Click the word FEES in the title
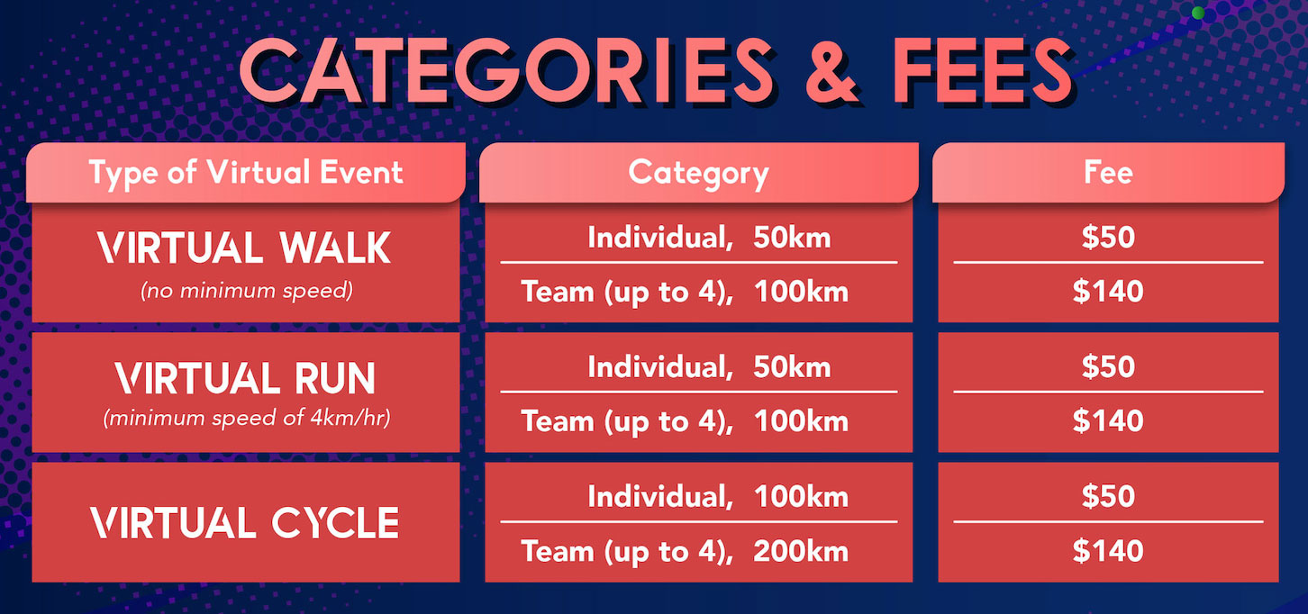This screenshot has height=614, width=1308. pyautogui.click(x=982, y=70)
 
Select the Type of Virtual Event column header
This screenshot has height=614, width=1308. pyautogui.click(x=246, y=174)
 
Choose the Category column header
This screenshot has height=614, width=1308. pyautogui.click(x=698, y=174)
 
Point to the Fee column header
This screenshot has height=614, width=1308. pyautogui.click(x=1108, y=173)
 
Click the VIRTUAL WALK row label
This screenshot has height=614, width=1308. pyautogui.click(x=244, y=248)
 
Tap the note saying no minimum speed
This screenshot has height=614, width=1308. pyautogui.click(x=247, y=291)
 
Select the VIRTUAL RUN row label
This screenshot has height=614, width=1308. pyautogui.click(x=245, y=378)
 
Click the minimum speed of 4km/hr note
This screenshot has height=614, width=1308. pyautogui.click(x=247, y=418)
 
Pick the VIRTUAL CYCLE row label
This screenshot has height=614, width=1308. pyautogui.click(x=245, y=522)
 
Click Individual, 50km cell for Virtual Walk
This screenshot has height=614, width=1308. pyautogui.click(x=709, y=238)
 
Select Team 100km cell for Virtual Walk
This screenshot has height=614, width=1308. pyautogui.click(x=685, y=292)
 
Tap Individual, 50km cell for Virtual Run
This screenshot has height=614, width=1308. pyautogui.click(x=709, y=367)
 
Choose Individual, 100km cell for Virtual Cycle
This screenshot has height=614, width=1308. pyautogui.click(x=718, y=497)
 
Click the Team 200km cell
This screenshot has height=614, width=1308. pyautogui.click(x=685, y=551)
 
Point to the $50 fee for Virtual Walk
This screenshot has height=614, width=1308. pyautogui.click(x=1108, y=238)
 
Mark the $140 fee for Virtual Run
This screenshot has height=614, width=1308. pyautogui.click(x=1108, y=420)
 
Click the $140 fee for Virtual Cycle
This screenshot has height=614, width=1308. pyautogui.click(x=1108, y=551)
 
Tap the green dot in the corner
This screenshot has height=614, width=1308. pyautogui.click(x=1197, y=13)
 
